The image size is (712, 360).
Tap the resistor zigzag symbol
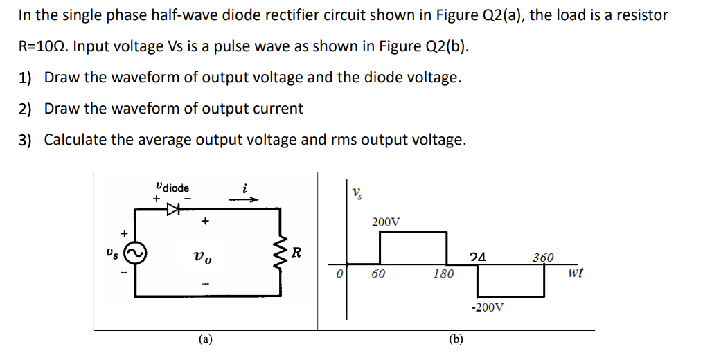[x=281, y=252]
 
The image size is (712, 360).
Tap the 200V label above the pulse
[x=385, y=222]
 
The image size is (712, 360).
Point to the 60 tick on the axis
[x=378, y=273]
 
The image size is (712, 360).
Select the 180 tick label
[x=443, y=273]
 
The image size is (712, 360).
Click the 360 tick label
[x=543, y=258]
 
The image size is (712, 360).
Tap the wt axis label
[x=574, y=273]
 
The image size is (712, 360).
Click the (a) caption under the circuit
[x=206, y=339]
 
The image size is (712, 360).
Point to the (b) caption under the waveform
[x=456, y=339]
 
